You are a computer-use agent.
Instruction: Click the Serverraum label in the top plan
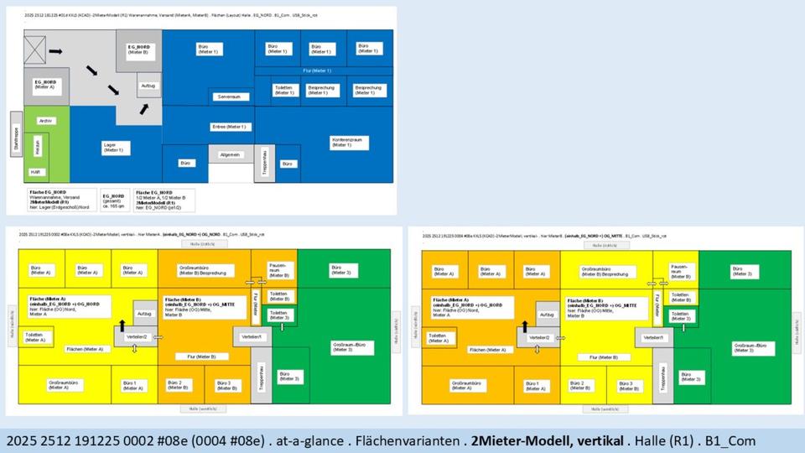pyautogui.click(x=229, y=97)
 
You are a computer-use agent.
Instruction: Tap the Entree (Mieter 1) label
pyautogui.click(x=228, y=127)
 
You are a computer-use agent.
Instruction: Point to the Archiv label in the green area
pyautogui.click(x=45, y=121)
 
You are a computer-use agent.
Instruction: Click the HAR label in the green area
pyautogui.click(x=35, y=171)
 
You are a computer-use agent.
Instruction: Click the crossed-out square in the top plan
pyautogui.click(x=36, y=52)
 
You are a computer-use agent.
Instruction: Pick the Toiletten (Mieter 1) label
pyautogui.click(x=283, y=90)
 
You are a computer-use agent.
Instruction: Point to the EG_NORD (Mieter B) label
pyautogui.click(x=138, y=49)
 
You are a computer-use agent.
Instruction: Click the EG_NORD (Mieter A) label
pyautogui.click(x=45, y=85)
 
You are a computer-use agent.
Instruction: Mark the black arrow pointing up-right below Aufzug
pyautogui.click(x=145, y=108)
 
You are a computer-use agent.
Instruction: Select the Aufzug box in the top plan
pyautogui.click(x=148, y=86)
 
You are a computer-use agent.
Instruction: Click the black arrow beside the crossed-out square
pyautogui.click(x=56, y=52)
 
